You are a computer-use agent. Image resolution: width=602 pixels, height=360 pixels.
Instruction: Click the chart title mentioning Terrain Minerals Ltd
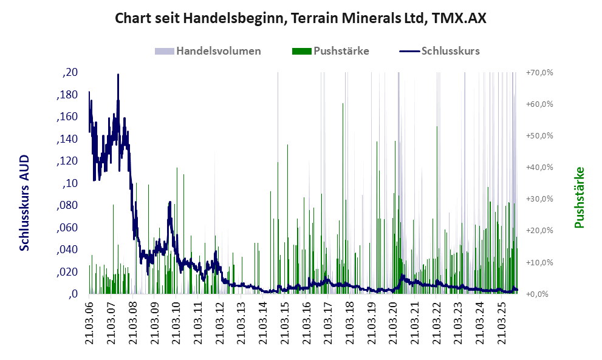301,18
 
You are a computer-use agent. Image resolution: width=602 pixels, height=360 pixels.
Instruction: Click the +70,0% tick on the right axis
539,73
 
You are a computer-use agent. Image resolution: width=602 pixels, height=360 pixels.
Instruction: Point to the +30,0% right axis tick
539,199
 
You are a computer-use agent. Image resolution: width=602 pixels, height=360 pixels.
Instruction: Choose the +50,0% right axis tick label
539,136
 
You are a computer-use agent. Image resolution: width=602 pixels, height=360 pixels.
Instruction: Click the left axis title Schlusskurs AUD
25,203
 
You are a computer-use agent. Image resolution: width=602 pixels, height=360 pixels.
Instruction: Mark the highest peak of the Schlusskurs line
118,75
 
